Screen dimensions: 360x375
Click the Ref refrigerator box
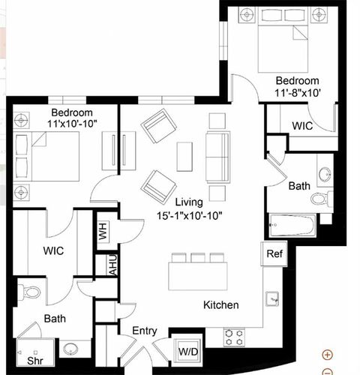pos(274,253)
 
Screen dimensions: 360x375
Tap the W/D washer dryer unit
pos(188,352)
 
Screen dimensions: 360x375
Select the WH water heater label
pos(103,231)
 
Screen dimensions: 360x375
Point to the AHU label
pos(113,265)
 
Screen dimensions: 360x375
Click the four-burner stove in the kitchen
pos(234,337)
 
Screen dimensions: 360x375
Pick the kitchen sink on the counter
pos(272,298)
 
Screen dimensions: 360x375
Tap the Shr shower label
pos(35,361)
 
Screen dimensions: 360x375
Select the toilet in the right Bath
pos(322,199)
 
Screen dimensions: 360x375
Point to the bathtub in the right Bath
pos(292,225)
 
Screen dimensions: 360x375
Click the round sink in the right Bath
pos(325,173)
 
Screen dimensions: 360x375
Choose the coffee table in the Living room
pos(184,157)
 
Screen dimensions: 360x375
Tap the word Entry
pos(145,331)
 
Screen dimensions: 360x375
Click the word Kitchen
pos(221,305)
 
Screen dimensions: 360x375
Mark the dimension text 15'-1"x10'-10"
pos(189,215)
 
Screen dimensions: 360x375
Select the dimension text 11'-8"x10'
pos(298,93)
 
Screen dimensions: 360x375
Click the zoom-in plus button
pos(327,355)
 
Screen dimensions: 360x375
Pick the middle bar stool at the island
pos(198,258)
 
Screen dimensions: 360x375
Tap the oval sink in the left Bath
pos(70,349)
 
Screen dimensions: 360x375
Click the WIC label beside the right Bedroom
pos(302,126)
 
